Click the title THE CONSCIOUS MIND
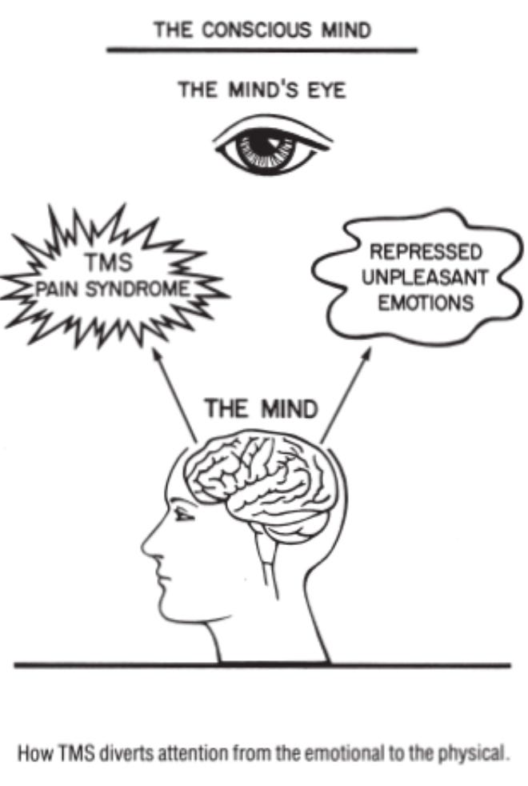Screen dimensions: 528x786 [262, 30]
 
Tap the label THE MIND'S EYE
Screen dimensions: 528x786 [262, 89]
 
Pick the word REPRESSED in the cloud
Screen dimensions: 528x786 [427, 253]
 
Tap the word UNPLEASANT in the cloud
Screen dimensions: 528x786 [427, 279]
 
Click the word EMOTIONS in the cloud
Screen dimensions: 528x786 [427, 304]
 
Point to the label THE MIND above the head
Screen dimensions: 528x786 [261, 409]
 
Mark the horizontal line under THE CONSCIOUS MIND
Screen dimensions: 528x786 [262, 50]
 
